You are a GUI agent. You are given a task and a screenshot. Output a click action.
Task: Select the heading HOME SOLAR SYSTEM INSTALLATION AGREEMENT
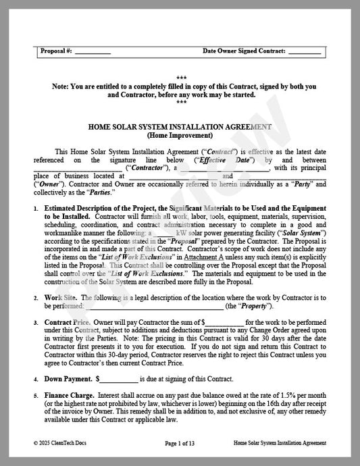(180, 126)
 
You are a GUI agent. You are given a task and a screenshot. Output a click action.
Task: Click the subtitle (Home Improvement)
(180, 135)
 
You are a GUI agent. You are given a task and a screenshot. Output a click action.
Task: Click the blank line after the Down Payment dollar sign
(120, 380)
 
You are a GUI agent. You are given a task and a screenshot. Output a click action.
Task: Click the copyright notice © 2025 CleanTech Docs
(63, 443)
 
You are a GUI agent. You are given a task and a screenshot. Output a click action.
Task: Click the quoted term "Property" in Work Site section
(256, 306)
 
